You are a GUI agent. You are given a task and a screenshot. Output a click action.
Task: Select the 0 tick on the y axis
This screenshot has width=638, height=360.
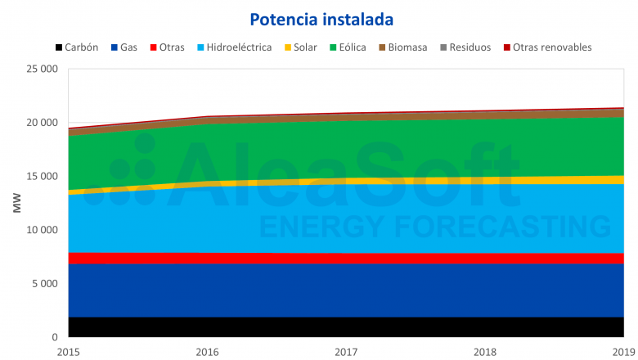pyautogui.click(x=54, y=337)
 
